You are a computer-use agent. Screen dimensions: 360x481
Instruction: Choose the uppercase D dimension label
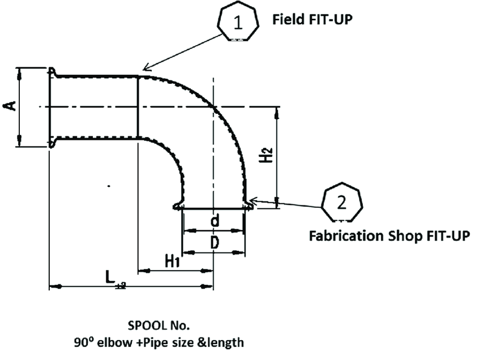(214, 243)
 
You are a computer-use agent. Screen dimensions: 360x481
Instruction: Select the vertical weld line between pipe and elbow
(139, 107)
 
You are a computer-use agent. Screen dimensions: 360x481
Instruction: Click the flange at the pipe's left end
(51, 107)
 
